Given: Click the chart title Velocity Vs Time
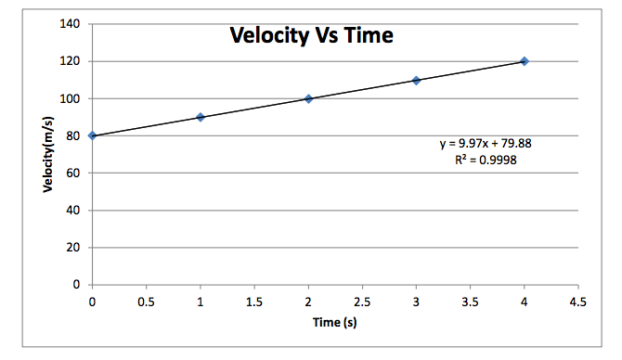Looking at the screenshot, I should click(x=312, y=36).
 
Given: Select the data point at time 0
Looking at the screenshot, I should click(x=92, y=135).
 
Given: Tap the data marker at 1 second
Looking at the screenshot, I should click(x=201, y=117).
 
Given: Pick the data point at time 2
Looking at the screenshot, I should click(x=308, y=98).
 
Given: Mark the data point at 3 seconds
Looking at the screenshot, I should click(x=416, y=80).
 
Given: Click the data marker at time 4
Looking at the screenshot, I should click(x=525, y=61).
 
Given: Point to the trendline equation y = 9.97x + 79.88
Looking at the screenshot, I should click(x=485, y=144).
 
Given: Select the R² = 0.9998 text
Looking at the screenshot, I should click(x=485, y=160).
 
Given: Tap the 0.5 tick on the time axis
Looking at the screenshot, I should click(x=146, y=302).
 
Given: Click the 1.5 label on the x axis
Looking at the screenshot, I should click(x=254, y=302).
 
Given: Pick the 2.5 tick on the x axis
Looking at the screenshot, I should click(x=362, y=302).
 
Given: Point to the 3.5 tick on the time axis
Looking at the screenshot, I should click(x=471, y=302).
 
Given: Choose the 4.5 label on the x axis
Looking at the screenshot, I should click(x=578, y=302).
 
